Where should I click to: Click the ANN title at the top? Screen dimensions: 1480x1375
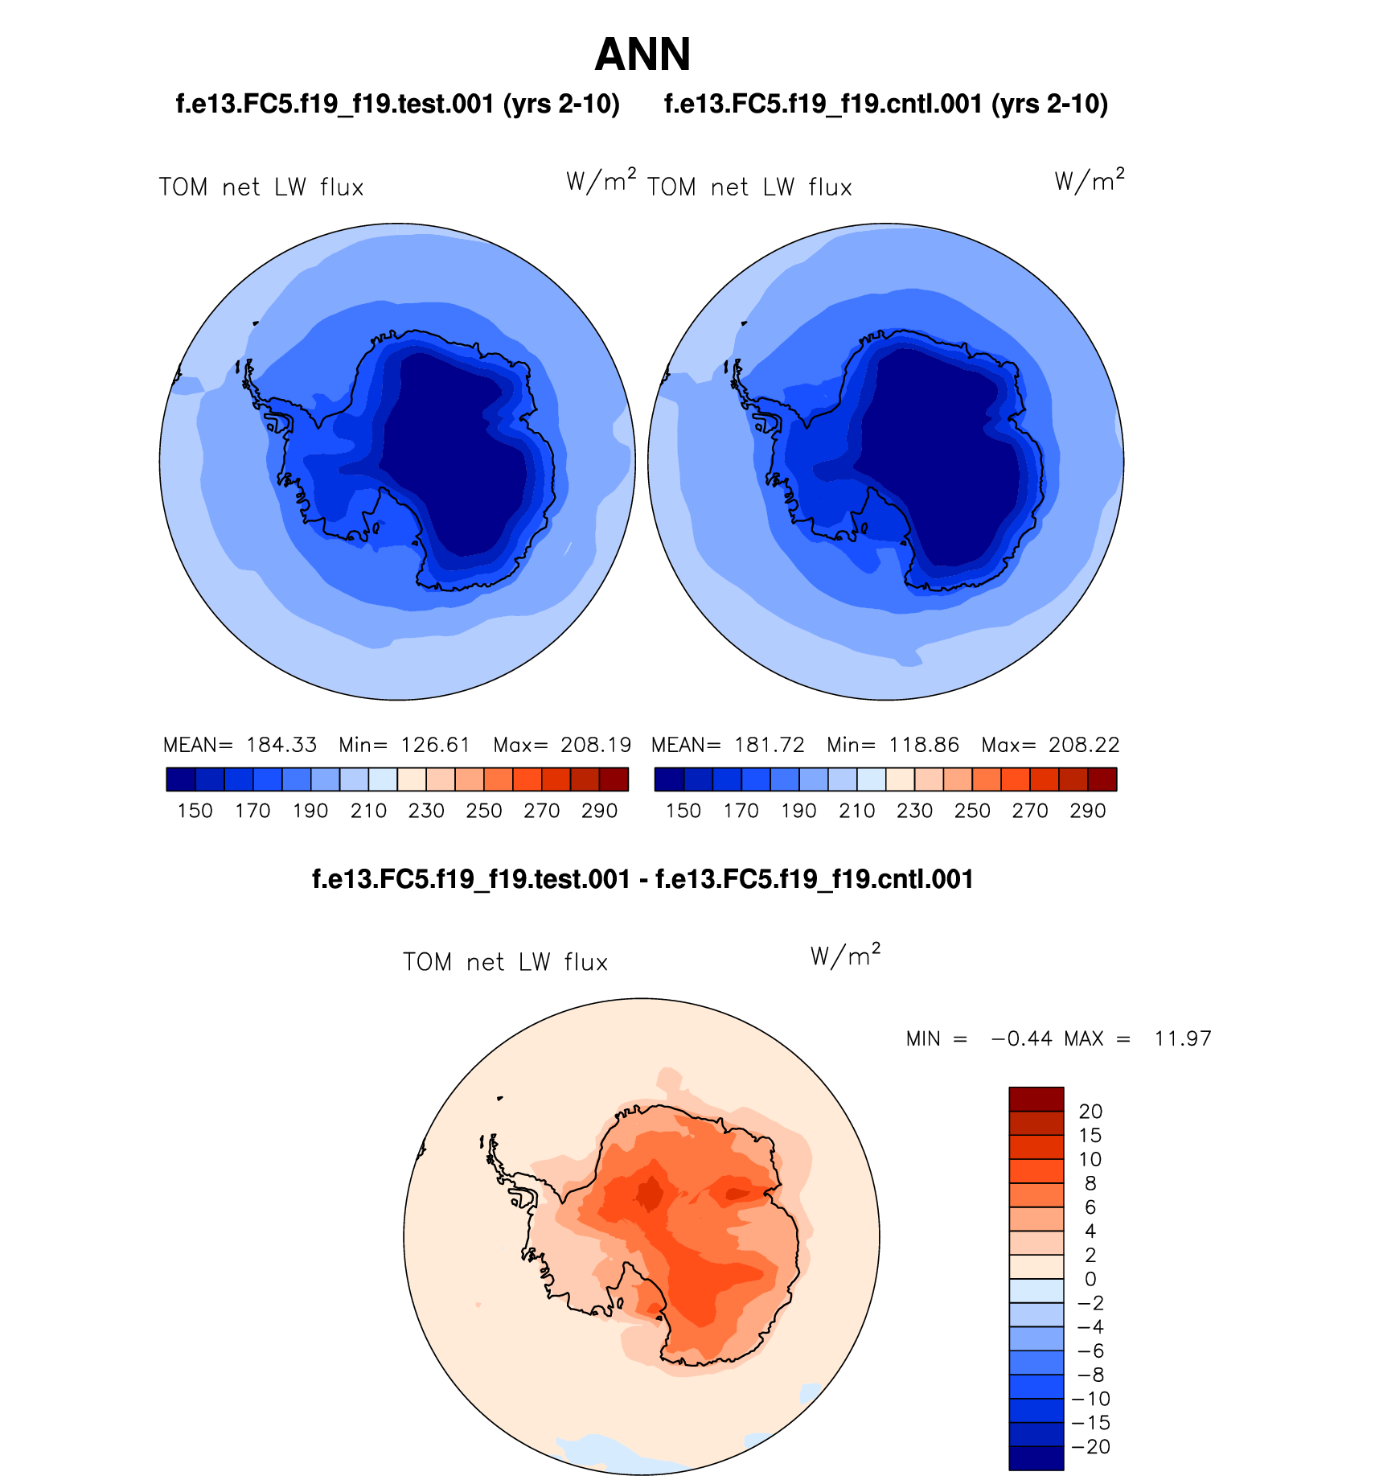tap(642, 55)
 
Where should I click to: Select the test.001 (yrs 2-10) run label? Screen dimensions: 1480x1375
tap(397, 104)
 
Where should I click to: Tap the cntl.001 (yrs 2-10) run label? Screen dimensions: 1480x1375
tap(886, 104)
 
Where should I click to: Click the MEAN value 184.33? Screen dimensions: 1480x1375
tap(281, 745)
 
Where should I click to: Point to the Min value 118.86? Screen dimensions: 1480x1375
tap(924, 745)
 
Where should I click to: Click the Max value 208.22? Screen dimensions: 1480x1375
tap(1084, 745)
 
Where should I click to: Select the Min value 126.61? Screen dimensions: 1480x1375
tap(435, 745)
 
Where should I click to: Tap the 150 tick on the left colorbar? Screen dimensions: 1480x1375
tap(195, 811)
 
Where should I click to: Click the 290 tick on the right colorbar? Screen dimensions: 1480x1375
tap(1088, 811)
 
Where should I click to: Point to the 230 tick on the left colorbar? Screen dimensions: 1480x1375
tap(426, 811)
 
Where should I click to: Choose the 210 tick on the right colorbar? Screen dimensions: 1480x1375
tap(856, 811)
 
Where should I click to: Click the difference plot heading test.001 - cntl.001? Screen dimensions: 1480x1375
tap(642, 879)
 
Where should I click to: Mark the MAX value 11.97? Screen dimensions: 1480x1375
tap(1183, 1038)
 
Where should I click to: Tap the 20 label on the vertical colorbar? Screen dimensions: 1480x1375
tap(1090, 1111)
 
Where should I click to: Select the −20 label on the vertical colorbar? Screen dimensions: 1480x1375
tap(1090, 1446)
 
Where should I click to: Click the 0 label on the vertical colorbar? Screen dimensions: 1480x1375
tap(1090, 1279)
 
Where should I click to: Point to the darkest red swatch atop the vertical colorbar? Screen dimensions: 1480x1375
tap(1036, 1099)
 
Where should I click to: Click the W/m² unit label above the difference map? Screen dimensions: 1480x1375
tap(845, 956)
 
